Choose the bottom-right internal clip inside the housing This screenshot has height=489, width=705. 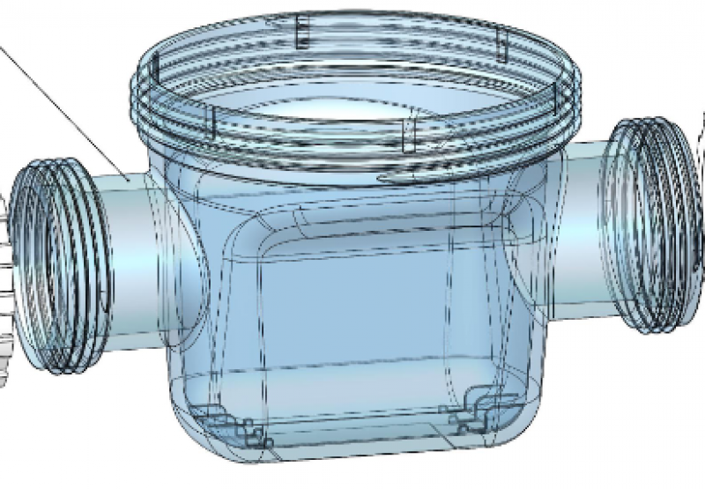[476, 410]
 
